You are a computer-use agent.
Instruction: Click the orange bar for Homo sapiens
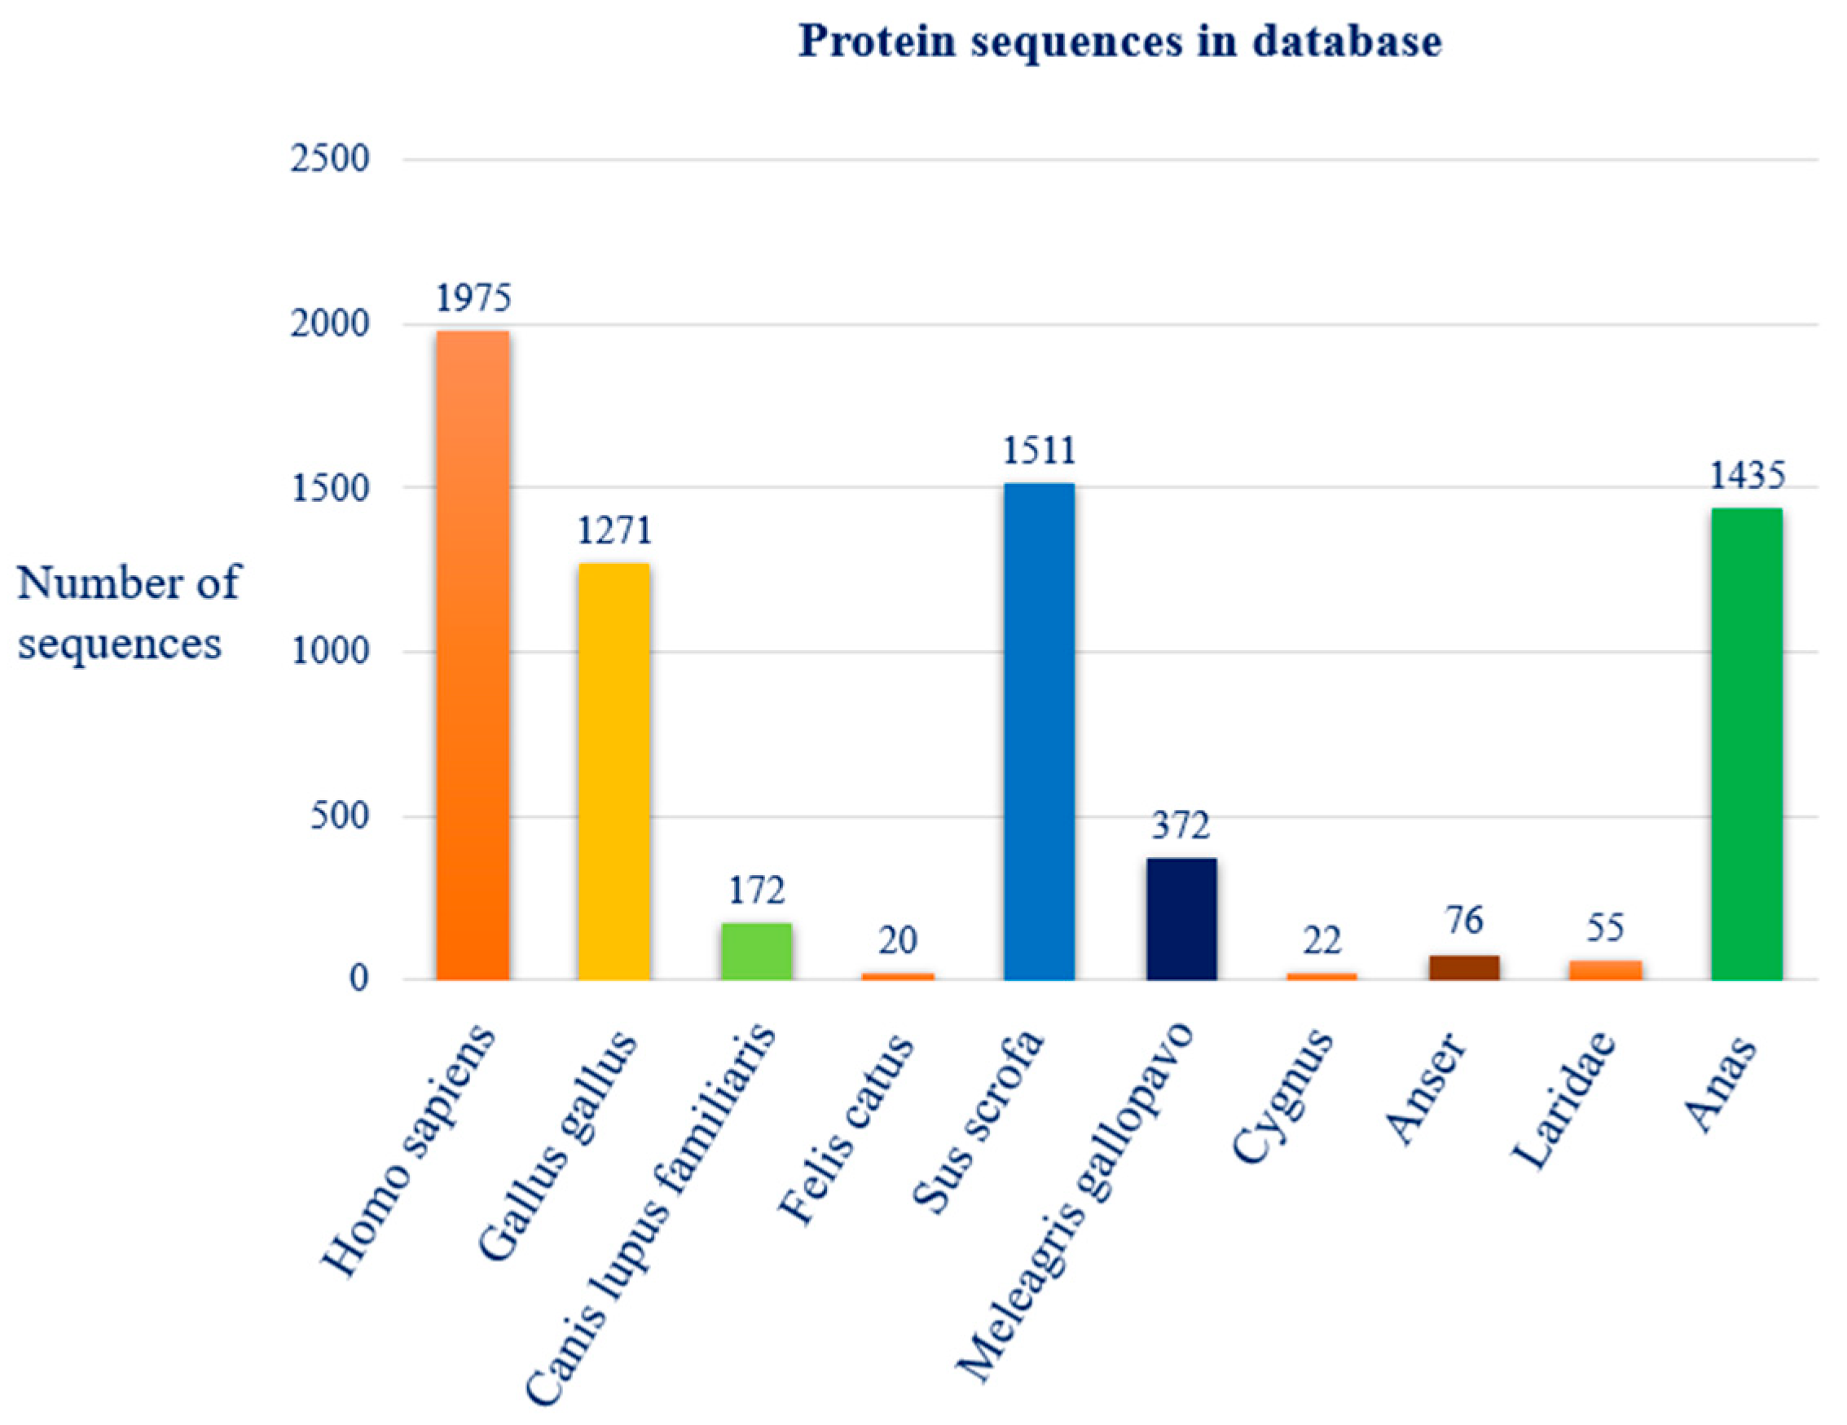(x=473, y=655)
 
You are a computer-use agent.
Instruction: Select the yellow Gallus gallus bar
(x=614, y=772)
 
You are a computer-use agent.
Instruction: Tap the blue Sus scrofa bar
(x=1039, y=732)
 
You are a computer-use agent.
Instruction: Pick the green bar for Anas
(x=1746, y=744)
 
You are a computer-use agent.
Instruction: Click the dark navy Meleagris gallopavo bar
(x=1181, y=919)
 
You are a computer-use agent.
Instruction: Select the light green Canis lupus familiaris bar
(x=756, y=952)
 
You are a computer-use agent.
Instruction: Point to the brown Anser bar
(x=1464, y=967)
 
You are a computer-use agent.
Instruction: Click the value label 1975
(x=473, y=298)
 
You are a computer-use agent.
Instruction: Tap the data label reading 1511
(x=1039, y=451)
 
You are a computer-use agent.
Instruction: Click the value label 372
(x=1181, y=825)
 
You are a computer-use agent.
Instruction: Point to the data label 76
(x=1464, y=921)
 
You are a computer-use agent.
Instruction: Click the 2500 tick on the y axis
(x=330, y=160)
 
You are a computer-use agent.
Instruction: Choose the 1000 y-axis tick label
(x=330, y=652)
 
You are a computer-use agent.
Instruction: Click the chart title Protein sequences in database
(x=1119, y=42)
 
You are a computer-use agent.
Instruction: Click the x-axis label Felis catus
(x=846, y=1129)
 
